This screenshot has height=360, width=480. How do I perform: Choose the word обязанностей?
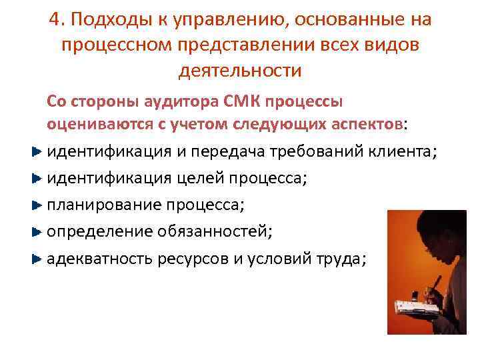click(x=213, y=231)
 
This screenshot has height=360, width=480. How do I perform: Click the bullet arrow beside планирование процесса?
click(x=37, y=205)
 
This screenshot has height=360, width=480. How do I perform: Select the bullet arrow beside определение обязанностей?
click(x=37, y=231)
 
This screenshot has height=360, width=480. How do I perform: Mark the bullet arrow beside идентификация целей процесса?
click(x=37, y=178)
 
